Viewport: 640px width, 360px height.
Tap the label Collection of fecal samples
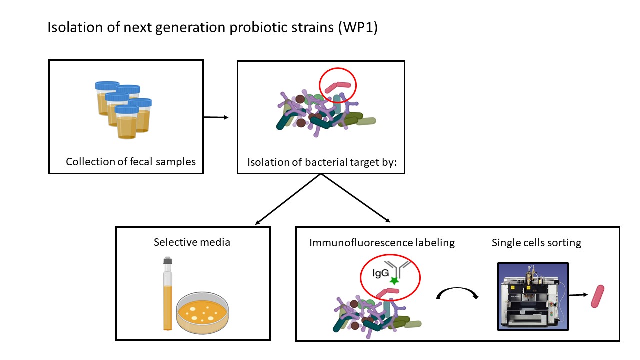[x=131, y=162]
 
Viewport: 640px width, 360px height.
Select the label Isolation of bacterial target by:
[x=320, y=162]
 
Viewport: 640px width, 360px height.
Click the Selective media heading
[x=192, y=242]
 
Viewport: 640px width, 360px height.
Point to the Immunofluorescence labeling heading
[x=382, y=243]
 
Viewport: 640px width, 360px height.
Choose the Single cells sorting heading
[x=536, y=243]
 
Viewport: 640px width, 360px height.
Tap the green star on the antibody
[x=394, y=282]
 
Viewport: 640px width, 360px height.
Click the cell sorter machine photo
[x=533, y=296]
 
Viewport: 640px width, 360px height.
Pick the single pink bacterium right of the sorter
[x=597, y=296]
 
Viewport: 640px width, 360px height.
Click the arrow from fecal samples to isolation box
[x=216, y=117]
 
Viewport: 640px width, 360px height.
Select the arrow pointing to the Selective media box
[x=287, y=199]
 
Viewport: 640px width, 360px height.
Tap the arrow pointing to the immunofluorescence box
[x=355, y=198]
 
